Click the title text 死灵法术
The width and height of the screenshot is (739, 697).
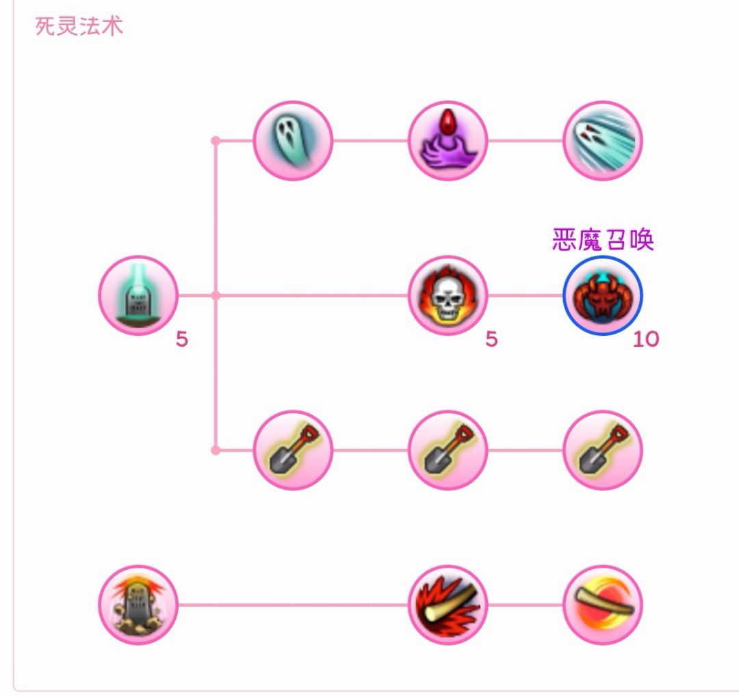pyautogui.click(x=79, y=26)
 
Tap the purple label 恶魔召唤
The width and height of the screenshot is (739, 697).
pyautogui.click(x=603, y=240)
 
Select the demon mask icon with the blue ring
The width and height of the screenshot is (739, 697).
pyautogui.click(x=603, y=295)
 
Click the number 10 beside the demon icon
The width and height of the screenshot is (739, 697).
pyautogui.click(x=646, y=339)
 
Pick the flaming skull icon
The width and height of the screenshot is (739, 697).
pyautogui.click(x=448, y=295)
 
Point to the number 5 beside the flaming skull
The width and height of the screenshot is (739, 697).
pyautogui.click(x=491, y=339)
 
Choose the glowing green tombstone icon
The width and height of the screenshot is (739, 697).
pyautogui.click(x=138, y=295)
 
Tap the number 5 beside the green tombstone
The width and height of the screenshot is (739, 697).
pyautogui.click(x=182, y=339)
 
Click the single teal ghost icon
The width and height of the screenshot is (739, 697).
pyautogui.click(x=293, y=140)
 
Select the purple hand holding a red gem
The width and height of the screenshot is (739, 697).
pyautogui.click(x=448, y=140)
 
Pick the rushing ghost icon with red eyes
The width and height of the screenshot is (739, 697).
pyautogui.click(x=603, y=140)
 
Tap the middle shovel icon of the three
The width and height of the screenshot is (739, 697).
pyautogui.click(x=448, y=450)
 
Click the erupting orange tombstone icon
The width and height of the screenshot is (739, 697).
pyautogui.click(x=138, y=605)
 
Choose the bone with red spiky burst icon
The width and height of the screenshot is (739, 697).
pyautogui.click(x=448, y=605)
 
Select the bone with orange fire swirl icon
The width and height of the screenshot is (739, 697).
pyautogui.click(x=603, y=605)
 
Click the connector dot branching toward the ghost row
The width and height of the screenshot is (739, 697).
pyautogui.click(x=216, y=140)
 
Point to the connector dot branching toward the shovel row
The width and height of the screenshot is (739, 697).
pyautogui.click(x=216, y=450)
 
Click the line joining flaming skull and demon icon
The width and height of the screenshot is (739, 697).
pyautogui.click(x=526, y=295)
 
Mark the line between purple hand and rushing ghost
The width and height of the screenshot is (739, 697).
pyautogui.click(x=526, y=140)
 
